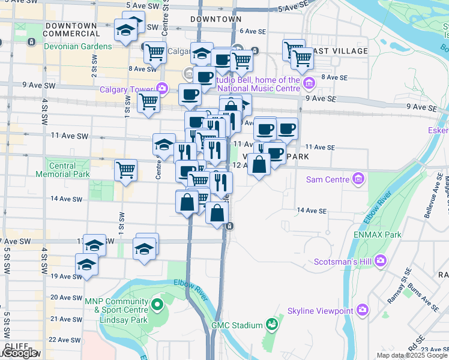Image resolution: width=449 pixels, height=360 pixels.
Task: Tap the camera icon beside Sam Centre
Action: (x=358, y=179)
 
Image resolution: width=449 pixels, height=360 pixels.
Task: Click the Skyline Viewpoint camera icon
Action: (x=363, y=310)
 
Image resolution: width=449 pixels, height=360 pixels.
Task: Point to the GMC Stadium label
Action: (x=237, y=325)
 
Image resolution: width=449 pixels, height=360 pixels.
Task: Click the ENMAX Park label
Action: (x=378, y=235)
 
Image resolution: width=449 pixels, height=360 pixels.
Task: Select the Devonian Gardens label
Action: (x=78, y=46)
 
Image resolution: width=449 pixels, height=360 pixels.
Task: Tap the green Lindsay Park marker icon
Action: (x=157, y=305)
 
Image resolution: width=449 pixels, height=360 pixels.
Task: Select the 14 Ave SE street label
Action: (x=311, y=211)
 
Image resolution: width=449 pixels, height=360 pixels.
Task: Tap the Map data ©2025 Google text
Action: (x=411, y=355)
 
